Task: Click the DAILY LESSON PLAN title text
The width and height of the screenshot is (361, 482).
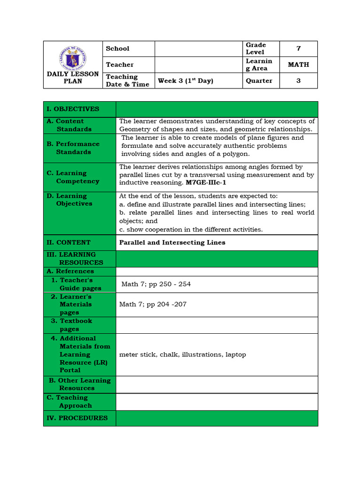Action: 73,78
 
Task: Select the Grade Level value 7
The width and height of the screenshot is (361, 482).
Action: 298,48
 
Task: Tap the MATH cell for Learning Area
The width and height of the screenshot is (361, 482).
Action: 298,64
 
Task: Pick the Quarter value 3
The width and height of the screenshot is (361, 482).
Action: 298,80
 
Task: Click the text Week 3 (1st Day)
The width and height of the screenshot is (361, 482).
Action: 185,80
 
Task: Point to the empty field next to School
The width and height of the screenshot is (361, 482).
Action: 198,48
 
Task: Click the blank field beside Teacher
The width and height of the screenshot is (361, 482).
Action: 198,64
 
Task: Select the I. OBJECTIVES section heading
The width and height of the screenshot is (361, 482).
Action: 73,109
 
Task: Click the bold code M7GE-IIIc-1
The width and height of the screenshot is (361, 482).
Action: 206,183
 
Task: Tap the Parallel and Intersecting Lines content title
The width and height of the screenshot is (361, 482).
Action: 172,242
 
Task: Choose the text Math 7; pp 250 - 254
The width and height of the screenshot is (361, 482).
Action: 156,284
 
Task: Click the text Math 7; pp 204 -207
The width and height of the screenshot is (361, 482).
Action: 153,304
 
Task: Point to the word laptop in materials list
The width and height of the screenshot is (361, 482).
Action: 235,354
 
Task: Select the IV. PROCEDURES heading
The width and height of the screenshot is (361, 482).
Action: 77,418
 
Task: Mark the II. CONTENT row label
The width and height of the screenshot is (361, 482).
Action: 69,242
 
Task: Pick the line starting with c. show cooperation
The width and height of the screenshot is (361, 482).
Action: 191,229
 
